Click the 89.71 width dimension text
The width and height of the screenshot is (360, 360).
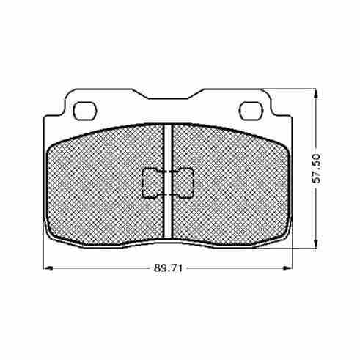(168, 268)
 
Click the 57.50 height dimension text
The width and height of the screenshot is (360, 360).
(317, 168)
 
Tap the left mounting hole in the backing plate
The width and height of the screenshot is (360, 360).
(85, 111)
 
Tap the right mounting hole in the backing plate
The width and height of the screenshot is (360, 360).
(251, 111)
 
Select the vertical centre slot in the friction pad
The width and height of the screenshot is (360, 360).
(168, 181)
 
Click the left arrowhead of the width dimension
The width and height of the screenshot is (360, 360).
(48, 268)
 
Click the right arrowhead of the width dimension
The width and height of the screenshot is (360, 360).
(287, 268)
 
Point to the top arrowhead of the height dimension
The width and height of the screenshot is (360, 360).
(316, 94)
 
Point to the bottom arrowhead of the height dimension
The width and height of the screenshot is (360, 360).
(316, 243)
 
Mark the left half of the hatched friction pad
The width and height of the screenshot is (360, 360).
(105, 185)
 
